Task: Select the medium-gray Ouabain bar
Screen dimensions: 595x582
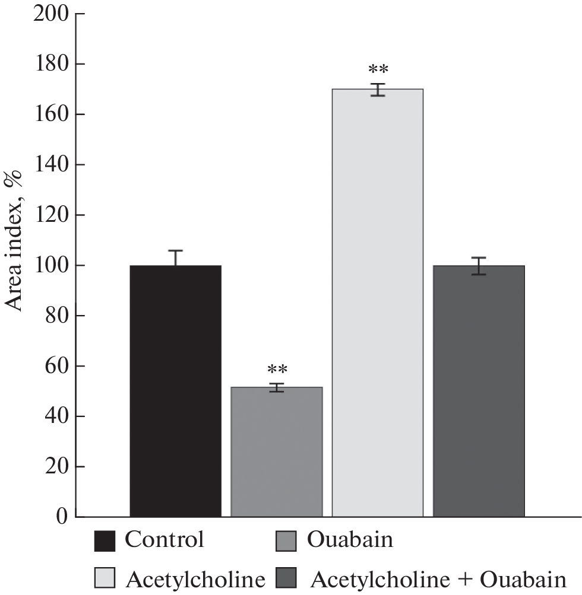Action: (276, 451)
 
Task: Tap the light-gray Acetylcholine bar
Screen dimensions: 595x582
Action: (377, 303)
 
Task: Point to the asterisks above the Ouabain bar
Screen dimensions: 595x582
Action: (277, 370)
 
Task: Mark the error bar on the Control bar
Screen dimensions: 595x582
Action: (176, 257)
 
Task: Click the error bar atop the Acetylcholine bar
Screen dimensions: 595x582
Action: (378, 90)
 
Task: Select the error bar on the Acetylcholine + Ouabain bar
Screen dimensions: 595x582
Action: (479, 266)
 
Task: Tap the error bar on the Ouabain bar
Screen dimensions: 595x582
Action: (277, 387)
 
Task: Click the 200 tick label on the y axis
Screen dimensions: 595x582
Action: (52, 14)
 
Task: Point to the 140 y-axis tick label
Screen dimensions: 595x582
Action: (52, 164)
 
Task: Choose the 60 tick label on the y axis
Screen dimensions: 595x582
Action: (57, 366)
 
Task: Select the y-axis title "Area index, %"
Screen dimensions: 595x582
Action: (14, 240)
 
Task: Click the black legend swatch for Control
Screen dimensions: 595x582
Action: (105, 541)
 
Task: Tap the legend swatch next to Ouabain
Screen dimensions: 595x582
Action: (287, 541)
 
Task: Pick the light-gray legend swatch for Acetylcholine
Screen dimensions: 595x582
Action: (105, 577)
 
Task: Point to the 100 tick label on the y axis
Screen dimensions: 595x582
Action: (52, 265)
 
